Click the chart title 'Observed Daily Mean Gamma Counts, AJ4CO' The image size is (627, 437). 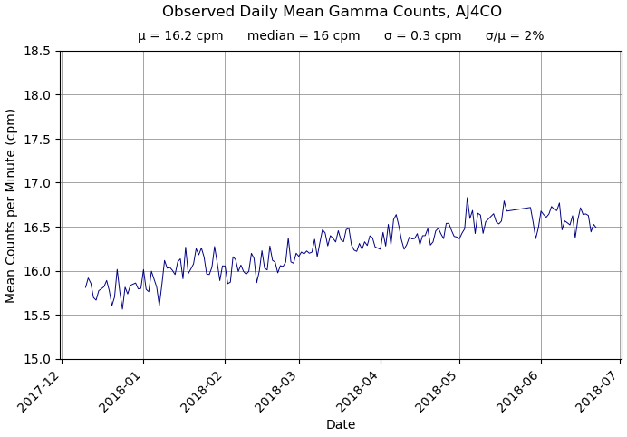pos(332,12)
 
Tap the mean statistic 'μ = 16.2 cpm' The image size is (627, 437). pos(180,36)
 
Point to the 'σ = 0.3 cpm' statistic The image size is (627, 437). pos(422,36)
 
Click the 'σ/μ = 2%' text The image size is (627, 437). pos(515,36)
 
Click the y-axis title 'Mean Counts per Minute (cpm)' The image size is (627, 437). pos(12,205)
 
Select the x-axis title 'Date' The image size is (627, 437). pos(341,424)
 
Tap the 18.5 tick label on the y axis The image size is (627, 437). pos(36,51)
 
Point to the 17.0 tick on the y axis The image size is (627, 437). pos(36,183)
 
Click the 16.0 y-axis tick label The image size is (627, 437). pos(36,271)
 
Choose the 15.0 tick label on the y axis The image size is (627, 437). pos(36,359)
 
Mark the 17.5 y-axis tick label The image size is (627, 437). pos(36,139)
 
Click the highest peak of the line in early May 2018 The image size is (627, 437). pos(468,198)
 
